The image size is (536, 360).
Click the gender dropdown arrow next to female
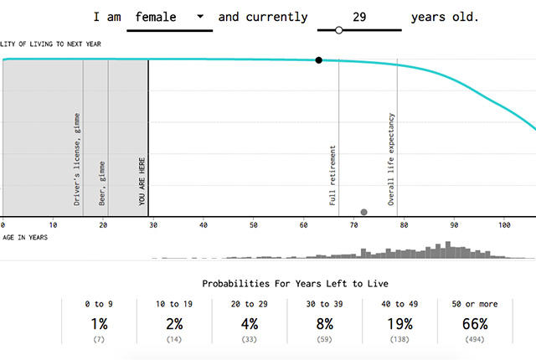point(200,16)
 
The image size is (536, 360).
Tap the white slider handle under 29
point(338,30)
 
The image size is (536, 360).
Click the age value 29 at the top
point(359,17)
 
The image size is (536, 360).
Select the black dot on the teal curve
point(318,60)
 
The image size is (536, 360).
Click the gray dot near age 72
point(364,212)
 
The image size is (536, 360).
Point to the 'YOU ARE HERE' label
point(142,182)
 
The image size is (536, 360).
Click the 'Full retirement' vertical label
point(332,176)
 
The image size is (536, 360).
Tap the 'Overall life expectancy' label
point(391,160)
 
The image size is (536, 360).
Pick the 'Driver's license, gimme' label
point(77,160)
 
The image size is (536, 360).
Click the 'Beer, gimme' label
point(102,183)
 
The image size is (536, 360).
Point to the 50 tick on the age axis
point(253,225)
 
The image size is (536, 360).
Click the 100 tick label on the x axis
point(504,225)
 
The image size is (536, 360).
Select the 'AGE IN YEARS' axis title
point(25,238)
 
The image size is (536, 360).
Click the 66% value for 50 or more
point(475,324)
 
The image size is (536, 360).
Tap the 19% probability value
point(399,324)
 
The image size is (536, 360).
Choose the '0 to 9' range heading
point(99,304)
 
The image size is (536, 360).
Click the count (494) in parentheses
point(475,340)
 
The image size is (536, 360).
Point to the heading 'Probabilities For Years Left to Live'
point(295,284)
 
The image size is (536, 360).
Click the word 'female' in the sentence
point(156,17)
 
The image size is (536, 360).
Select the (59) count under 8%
point(324,340)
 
